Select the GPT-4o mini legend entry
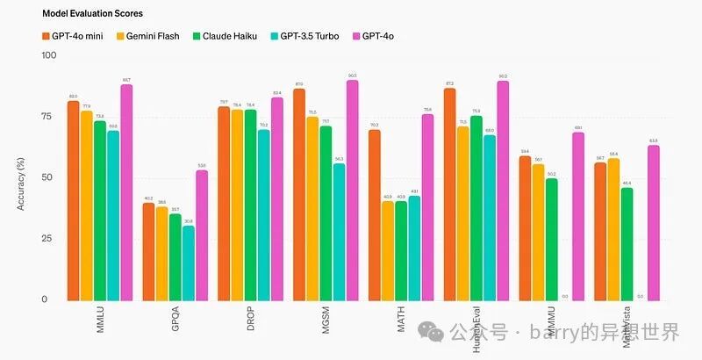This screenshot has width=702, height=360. tap(75, 36)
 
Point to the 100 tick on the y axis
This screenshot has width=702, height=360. tap(49, 55)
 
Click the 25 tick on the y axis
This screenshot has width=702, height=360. tap(49, 239)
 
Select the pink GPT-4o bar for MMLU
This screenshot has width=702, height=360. tap(126, 193)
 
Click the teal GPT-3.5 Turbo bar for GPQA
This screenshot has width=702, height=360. tap(189, 263)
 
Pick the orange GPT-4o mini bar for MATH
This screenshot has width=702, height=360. tap(375, 215)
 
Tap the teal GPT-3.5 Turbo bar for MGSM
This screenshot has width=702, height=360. tap(339, 232)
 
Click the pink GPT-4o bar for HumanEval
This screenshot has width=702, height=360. tap(503, 191)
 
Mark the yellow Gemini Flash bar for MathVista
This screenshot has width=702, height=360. tap(613, 229)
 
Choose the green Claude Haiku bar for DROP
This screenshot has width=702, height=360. tap(251, 205)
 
